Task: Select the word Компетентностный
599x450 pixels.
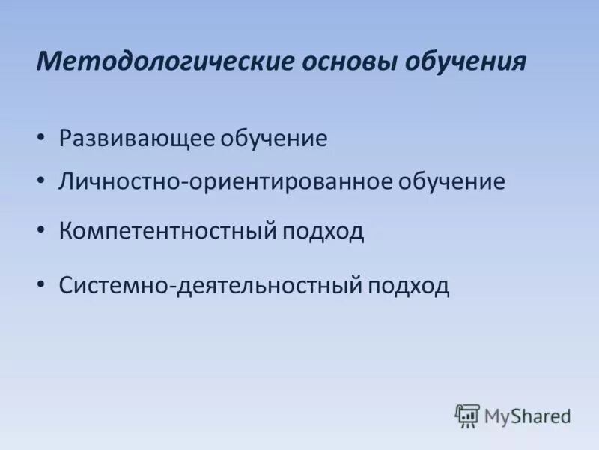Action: point(168,230)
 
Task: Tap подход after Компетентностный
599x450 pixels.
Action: point(324,230)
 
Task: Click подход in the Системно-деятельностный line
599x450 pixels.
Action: point(409,285)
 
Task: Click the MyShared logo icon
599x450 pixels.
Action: point(467,415)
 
